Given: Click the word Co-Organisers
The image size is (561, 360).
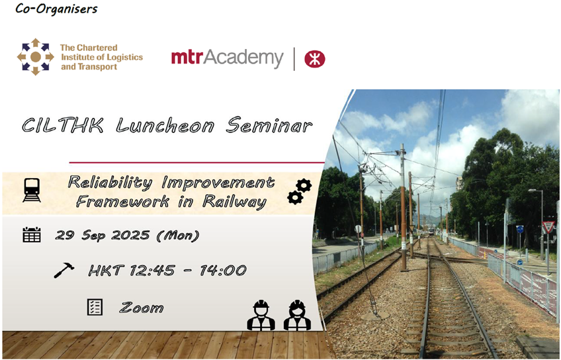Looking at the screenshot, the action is point(56,8).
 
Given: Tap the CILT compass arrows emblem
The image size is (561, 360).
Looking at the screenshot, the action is point(36,57).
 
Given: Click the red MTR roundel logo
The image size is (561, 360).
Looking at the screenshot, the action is point(314,59).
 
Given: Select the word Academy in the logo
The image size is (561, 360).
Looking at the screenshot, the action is point(243,58).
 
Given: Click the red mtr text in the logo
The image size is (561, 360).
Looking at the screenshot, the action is point(187,58).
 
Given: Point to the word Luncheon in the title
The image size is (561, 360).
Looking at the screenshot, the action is point(165,126).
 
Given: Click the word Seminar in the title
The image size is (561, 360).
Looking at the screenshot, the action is point(269,125).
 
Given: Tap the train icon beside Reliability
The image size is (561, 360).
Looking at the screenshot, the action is point(32,190).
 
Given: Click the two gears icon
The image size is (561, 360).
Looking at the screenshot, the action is point(300,192).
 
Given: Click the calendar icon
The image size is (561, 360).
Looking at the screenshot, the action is point(32,235).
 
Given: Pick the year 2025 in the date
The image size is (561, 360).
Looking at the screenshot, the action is point(130,235).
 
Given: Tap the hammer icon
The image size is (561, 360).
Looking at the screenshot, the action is point(64,270).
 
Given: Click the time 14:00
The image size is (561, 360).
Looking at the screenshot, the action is point(223,270).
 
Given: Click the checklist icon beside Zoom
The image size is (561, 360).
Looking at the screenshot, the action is point(95,307).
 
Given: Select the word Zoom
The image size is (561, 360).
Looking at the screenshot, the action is point(142,308).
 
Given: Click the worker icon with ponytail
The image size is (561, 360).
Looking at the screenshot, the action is point(297,315).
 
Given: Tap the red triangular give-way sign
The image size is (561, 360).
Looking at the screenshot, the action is point(548,226).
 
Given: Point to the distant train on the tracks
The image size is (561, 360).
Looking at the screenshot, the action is point(431,231).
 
